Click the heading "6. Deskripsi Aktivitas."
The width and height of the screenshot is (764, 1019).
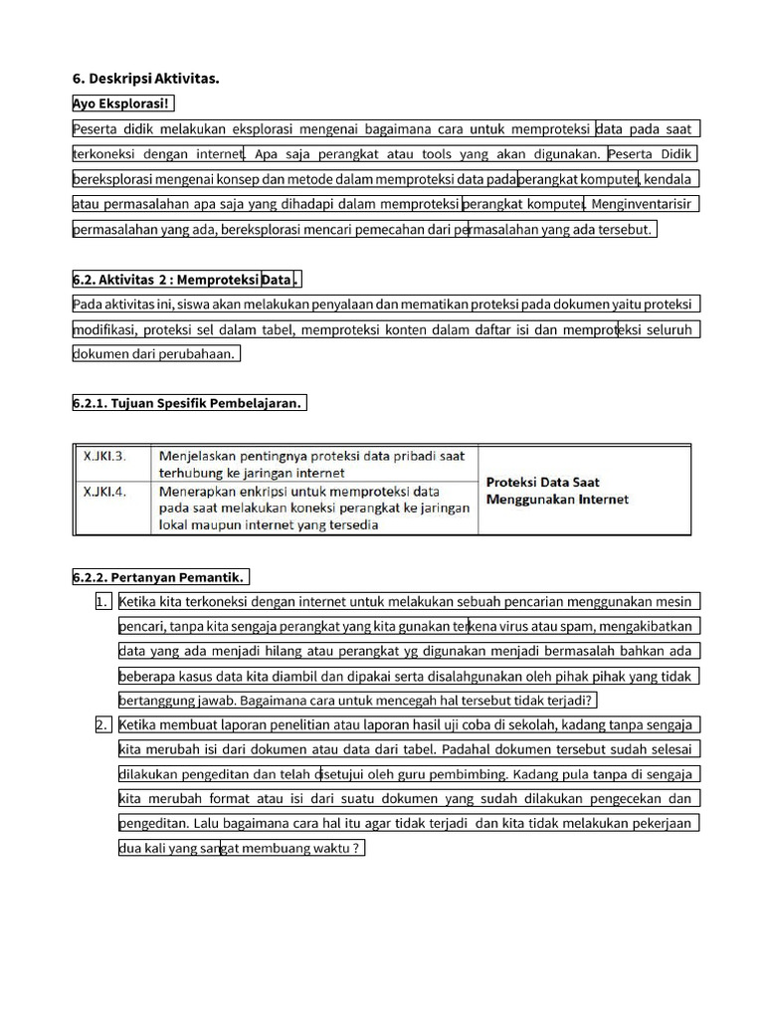[145, 79]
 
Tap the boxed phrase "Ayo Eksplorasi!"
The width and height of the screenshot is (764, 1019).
[122, 103]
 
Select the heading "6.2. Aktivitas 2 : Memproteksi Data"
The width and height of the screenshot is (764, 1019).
[184, 279]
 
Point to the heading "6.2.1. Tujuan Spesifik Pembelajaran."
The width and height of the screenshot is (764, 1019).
[187, 403]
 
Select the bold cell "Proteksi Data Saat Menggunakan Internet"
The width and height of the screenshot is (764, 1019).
[557, 490]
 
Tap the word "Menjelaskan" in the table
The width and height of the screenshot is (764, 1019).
[203, 457]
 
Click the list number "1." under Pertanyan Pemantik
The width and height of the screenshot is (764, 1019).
[102, 601]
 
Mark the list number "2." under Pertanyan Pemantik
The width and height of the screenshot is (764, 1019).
[102, 724]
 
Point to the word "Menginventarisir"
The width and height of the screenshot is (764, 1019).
[644, 204]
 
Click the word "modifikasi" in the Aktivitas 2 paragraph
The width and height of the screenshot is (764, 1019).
[104, 329]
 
